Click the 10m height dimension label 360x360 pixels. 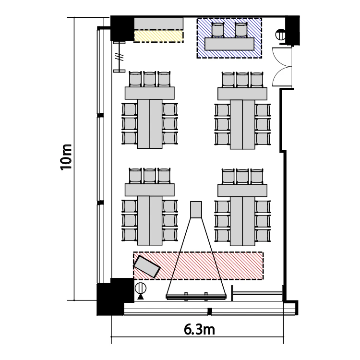(x=66, y=157)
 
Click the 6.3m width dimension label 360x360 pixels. (x=199, y=329)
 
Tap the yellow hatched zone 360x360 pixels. (x=159, y=37)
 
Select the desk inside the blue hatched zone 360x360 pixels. (x=229, y=44)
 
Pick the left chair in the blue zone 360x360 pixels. (x=217, y=30)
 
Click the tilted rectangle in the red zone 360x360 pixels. (x=146, y=266)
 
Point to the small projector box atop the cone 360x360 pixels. (x=196, y=209)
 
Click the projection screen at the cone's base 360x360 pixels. (x=196, y=297)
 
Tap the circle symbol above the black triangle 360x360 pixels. (x=141, y=288)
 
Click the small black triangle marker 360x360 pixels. (x=141, y=297)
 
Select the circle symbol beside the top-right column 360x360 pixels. (x=281, y=35)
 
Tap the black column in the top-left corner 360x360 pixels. (x=122, y=28)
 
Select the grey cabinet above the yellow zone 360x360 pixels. (x=159, y=24)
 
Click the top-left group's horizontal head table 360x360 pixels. (x=149, y=93)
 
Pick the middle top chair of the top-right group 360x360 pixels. (x=242, y=79)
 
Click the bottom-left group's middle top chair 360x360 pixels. (x=150, y=176)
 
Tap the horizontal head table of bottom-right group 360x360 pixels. (x=242, y=190)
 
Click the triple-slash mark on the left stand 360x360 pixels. (x=120, y=57)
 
